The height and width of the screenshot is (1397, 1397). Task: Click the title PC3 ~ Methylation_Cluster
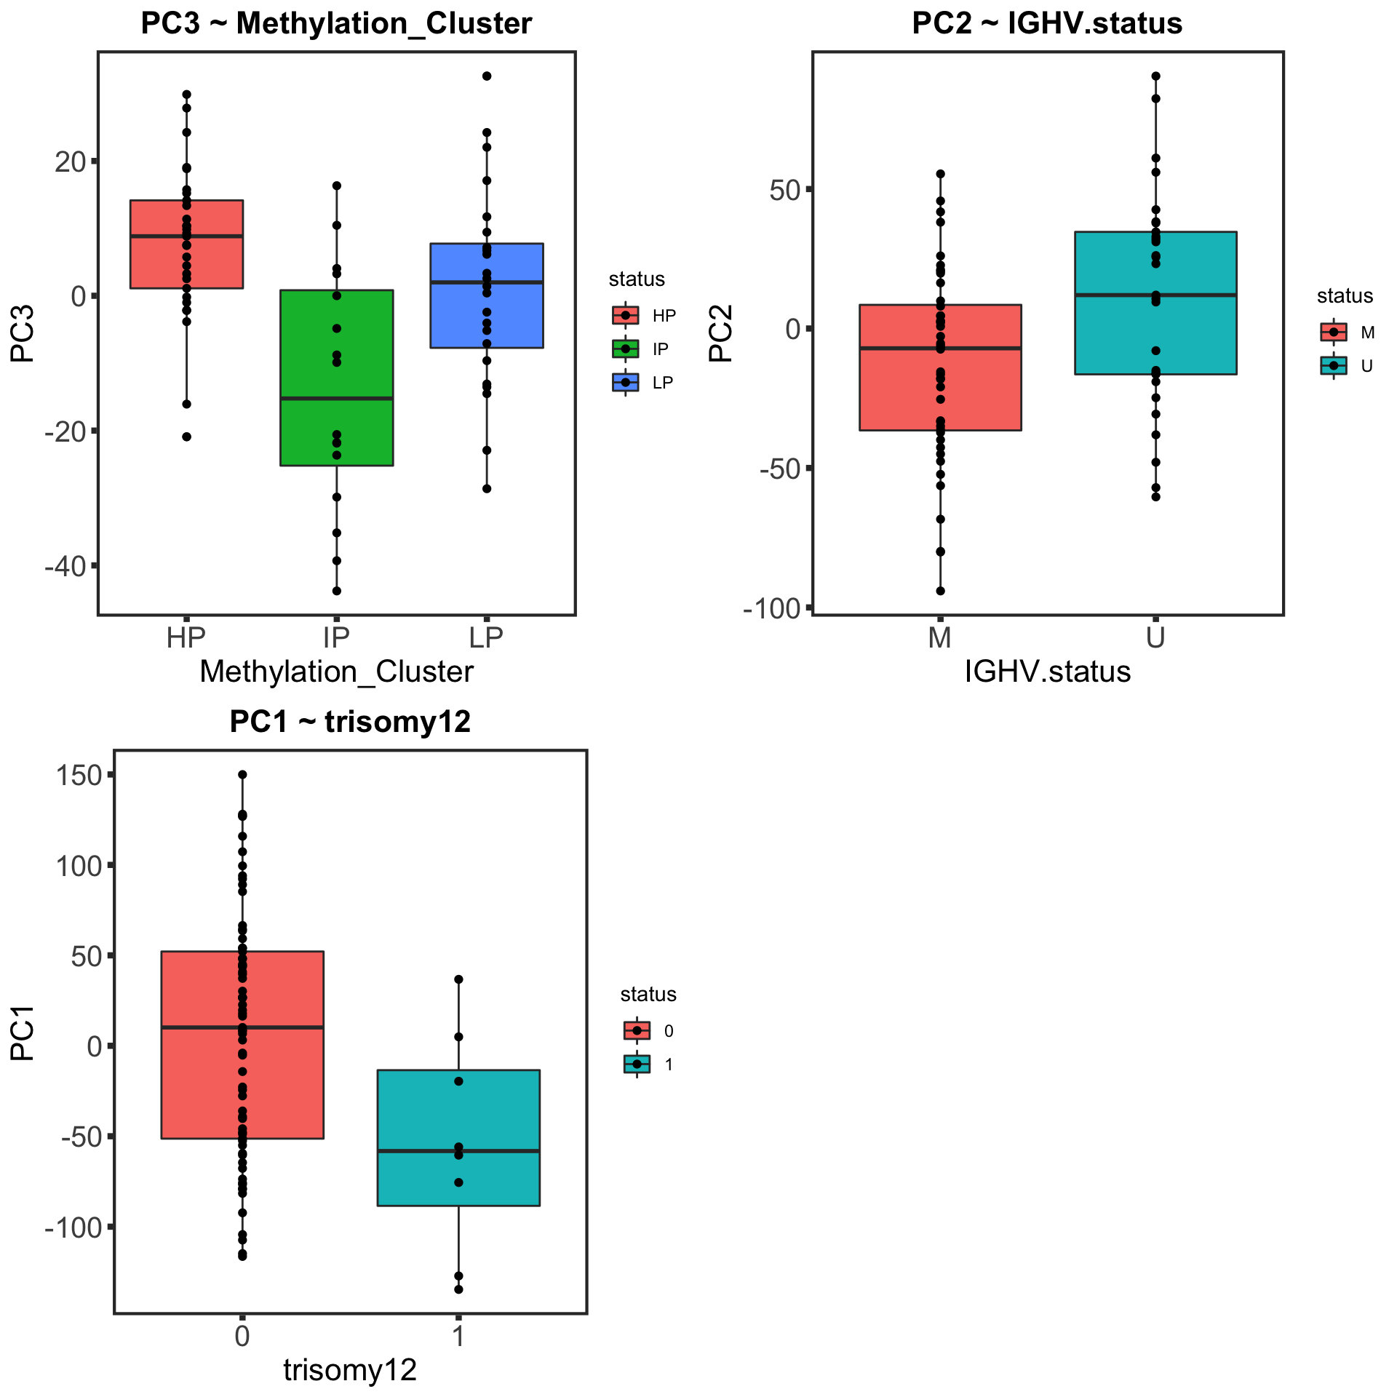pos(336,24)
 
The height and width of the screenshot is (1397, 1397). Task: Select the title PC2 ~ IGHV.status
pos(1047,24)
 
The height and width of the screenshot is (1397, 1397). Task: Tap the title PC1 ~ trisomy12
pos(350,722)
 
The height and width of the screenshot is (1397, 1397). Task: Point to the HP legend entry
pos(644,316)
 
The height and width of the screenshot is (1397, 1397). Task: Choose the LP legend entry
pos(644,383)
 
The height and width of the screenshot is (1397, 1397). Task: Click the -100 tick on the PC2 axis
pos(771,608)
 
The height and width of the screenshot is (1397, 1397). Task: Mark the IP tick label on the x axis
pos(337,638)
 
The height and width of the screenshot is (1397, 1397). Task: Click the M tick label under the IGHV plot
pos(940,638)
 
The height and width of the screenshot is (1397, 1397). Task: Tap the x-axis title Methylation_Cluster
pos(336,672)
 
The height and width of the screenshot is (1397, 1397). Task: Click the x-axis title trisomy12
pos(350,1370)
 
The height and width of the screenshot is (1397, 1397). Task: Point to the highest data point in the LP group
pos(487,76)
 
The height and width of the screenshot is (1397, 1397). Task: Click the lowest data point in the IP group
pos(337,591)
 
